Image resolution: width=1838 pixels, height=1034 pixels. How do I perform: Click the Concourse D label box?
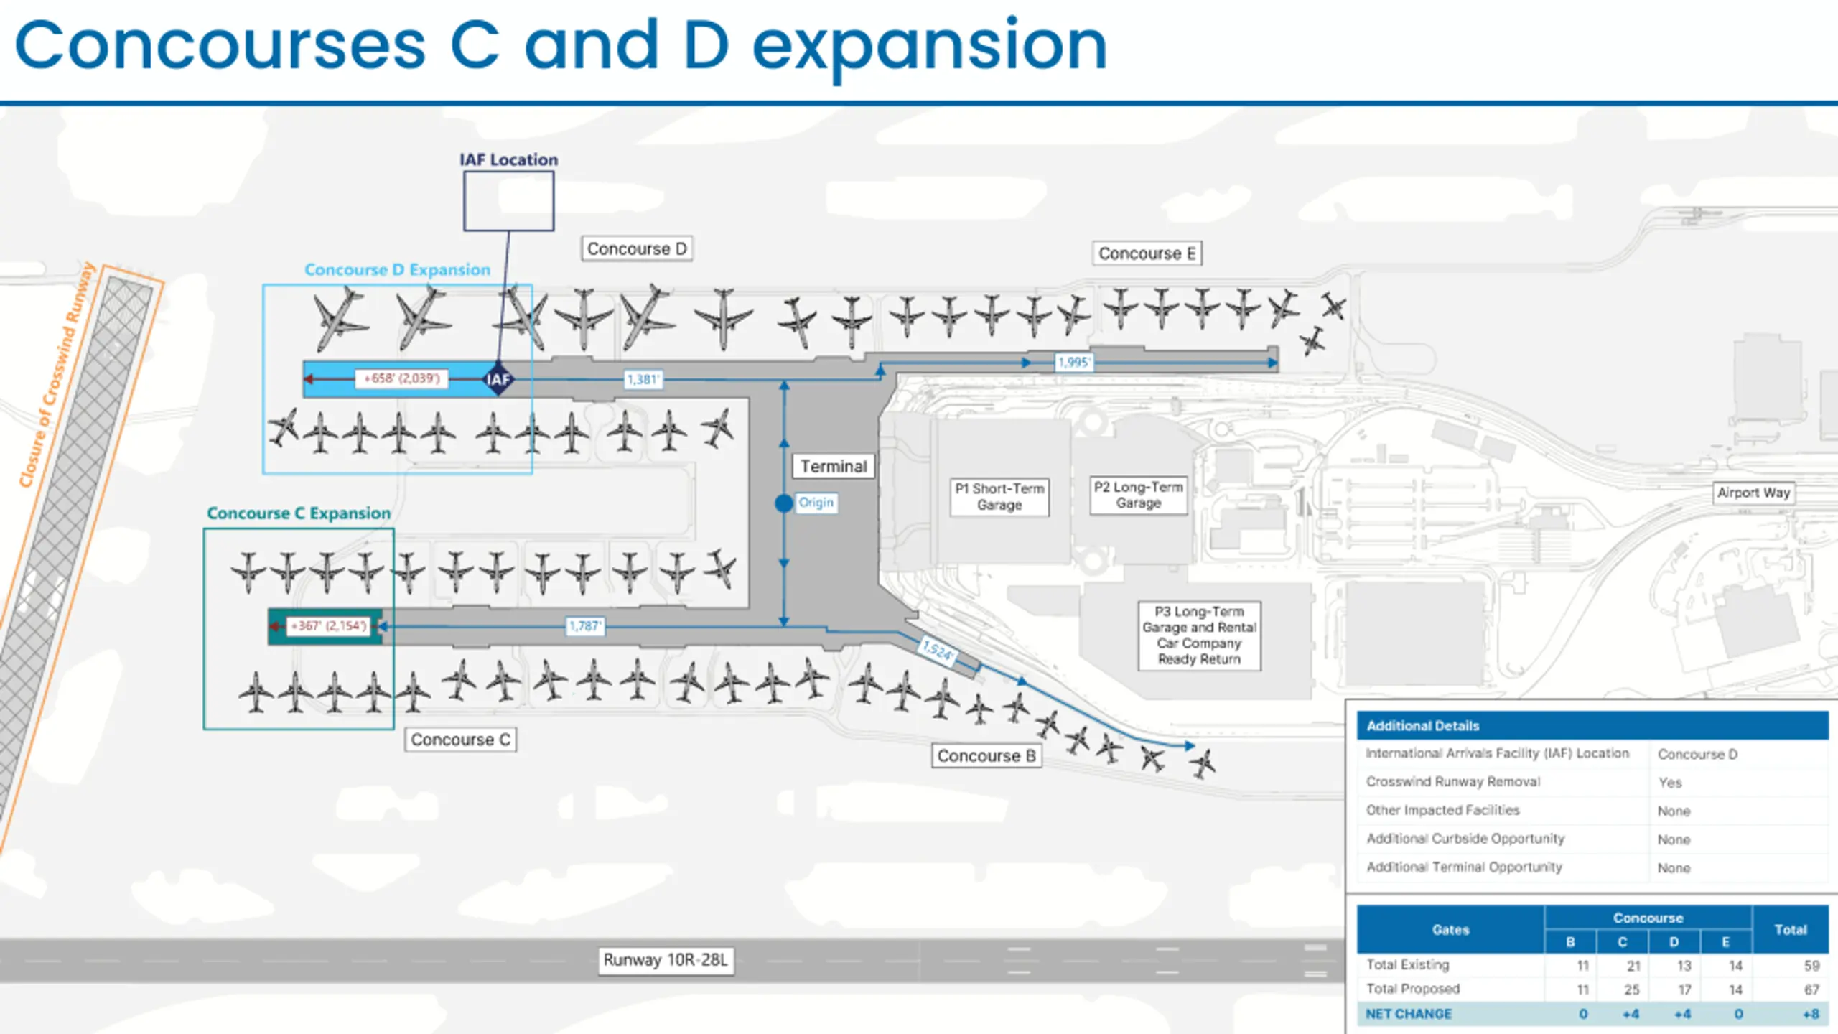(637, 248)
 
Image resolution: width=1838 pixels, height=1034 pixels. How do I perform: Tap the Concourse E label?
(1147, 253)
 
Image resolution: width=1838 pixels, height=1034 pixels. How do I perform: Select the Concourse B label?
(986, 755)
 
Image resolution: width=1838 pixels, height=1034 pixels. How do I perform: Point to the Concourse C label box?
(460, 739)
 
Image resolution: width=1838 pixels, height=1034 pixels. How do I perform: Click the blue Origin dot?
(784, 503)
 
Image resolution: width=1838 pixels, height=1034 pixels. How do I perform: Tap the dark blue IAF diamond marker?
(498, 379)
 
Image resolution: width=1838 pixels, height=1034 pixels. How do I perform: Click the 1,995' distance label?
(1074, 363)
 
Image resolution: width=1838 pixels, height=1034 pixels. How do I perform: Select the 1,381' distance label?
(643, 379)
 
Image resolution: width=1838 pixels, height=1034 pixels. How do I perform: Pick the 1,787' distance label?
(585, 626)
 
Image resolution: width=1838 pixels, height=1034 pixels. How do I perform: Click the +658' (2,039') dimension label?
(402, 378)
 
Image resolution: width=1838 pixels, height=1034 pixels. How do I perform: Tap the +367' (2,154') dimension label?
(329, 626)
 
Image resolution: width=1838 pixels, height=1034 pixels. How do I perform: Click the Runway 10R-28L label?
(666, 960)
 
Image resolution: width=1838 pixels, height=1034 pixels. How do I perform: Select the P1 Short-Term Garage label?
(999, 496)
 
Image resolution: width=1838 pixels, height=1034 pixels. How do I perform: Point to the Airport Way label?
(1753, 493)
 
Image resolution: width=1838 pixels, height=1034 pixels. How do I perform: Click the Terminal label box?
(834, 466)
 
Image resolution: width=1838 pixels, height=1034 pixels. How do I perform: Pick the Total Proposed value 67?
(1811, 989)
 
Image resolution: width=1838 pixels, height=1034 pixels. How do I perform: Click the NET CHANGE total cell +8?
(1811, 1014)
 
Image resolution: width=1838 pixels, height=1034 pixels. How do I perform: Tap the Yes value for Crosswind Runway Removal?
(1670, 783)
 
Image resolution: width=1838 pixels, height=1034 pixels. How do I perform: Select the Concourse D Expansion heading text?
(397, 269)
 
